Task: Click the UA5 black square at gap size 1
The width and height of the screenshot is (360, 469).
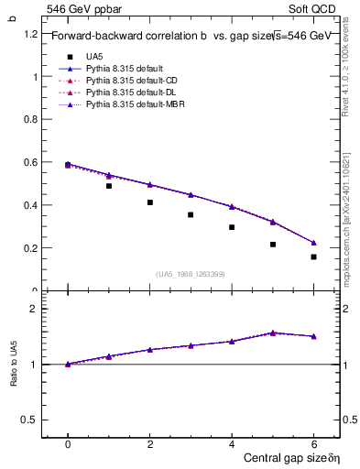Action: coord(109,186)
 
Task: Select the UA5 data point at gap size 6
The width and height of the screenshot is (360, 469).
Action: coord(313,256)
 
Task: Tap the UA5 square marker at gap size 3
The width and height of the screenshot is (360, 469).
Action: coord(191,215)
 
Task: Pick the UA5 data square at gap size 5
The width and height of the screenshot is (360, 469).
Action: coord(273,245)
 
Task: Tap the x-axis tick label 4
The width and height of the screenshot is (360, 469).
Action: coord(232,443)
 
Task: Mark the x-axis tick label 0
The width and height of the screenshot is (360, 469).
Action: coord(68,443)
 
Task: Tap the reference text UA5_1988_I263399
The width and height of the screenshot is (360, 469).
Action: coord(191,274)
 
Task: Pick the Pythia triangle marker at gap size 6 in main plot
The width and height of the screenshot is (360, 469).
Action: coord(313,243)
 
